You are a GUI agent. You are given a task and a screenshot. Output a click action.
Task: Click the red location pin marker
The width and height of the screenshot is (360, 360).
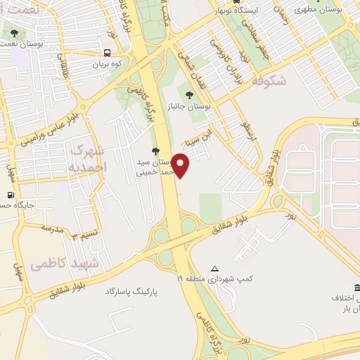[x=181, y=166]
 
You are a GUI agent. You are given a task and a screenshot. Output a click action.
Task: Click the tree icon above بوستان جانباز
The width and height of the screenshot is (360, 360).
[x=188, y=94]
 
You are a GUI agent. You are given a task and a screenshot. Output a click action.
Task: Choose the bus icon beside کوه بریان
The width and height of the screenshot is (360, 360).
[x=107, y=53]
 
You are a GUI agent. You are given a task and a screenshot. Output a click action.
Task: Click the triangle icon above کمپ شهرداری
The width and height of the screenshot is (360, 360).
[x=215, y=268]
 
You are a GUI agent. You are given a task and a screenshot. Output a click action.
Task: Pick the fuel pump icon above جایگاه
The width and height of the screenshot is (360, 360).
[x=11, y=195]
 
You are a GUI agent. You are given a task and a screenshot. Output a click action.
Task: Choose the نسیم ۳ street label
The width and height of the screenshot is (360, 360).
[x=84, y=236]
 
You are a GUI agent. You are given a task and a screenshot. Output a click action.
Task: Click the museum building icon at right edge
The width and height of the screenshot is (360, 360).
[x=357, y=288]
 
